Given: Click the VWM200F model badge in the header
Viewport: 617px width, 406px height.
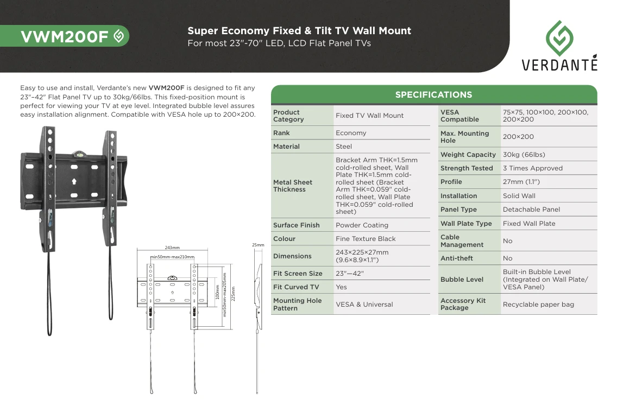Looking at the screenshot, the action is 65,36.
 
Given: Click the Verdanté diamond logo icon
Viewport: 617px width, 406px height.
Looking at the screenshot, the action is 559,38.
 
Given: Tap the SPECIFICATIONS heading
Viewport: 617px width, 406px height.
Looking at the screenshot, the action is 433,95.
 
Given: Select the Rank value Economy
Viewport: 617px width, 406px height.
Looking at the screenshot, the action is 351,133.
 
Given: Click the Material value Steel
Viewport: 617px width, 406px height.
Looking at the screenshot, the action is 343,147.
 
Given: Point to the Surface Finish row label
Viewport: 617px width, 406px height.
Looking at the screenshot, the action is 297,225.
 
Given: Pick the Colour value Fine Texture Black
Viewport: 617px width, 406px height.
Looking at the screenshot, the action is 366,239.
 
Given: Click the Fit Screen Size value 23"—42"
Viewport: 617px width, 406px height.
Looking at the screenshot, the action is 350,274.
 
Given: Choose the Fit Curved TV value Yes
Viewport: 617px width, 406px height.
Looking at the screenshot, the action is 341,287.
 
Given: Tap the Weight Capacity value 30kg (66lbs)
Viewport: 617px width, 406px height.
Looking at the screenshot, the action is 524,155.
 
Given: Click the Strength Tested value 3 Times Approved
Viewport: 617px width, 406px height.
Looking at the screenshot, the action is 533,168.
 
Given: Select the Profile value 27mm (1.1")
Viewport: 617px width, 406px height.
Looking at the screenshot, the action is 521,182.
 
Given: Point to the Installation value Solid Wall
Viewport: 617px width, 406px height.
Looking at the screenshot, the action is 519,196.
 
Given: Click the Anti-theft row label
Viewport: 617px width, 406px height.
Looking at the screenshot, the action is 456,258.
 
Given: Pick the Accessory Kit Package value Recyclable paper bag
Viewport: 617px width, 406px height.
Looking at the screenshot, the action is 538,304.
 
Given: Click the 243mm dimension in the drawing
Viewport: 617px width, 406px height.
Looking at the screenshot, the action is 172,248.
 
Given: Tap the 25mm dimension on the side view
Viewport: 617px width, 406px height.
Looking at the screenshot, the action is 258,245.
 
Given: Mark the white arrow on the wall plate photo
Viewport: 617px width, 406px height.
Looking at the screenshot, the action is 74,181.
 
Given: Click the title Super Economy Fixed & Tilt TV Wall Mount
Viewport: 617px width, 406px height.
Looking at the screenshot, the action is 299,31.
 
